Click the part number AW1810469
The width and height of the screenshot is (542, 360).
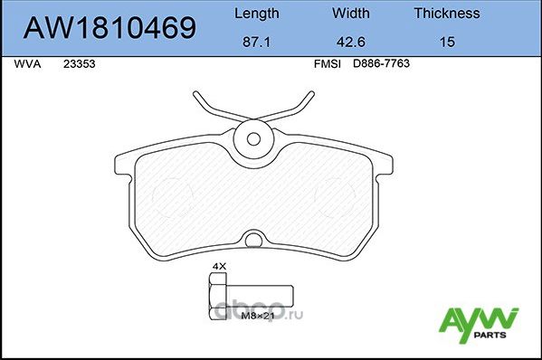pyautogui.click(x=110, y=28)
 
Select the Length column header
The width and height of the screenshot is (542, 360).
pyautogui.click(x=256, y=14)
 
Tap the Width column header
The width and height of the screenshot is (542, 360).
pyautogui.click(x=349, y=14)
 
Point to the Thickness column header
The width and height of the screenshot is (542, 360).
pyautogui.click(x=446, y=14)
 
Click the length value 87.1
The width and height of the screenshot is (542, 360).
pyautogui.click(x=256, y=42)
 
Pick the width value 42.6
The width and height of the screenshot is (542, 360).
pyautogui.click(x=349, y=42)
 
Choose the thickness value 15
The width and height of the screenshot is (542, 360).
pyautogui.click(x=446, y=42)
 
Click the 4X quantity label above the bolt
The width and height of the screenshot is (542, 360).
pyautogui.click(x=217, y=266)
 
